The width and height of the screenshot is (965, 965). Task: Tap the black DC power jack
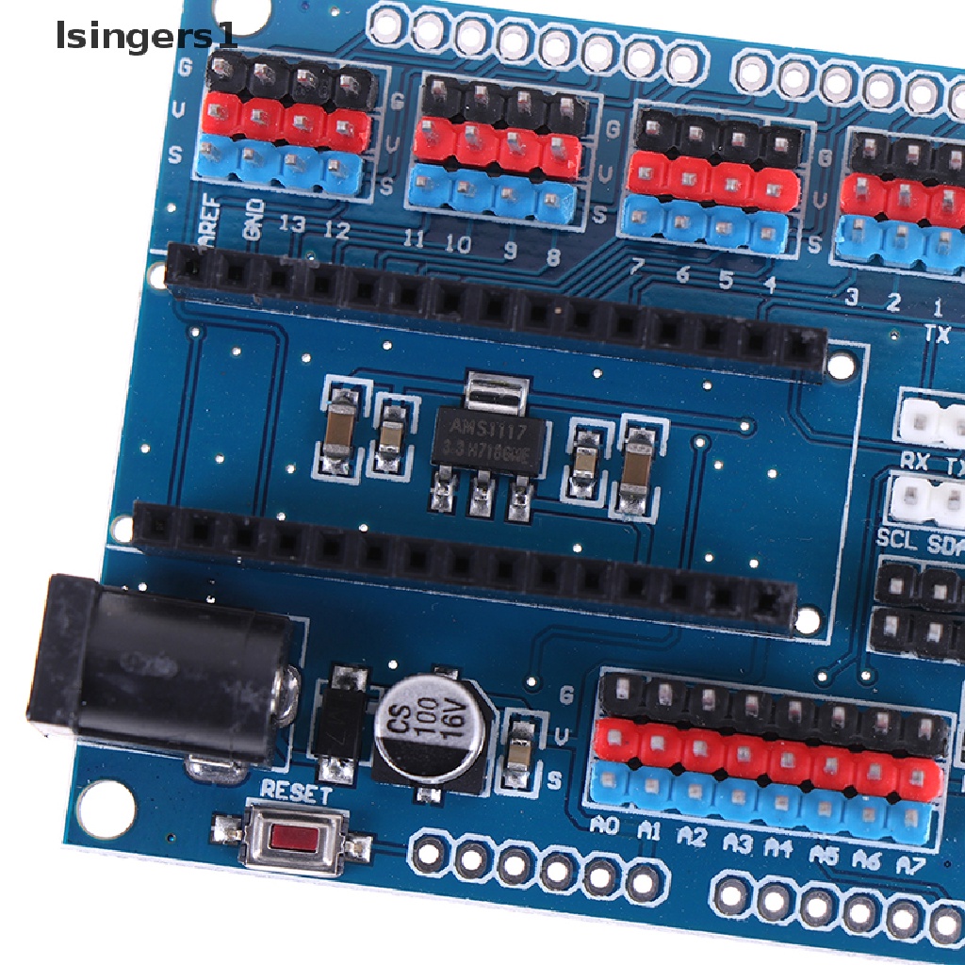[160, 668]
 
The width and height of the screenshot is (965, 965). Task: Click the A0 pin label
[604, 826]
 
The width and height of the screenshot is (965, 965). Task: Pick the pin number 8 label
[552, 255]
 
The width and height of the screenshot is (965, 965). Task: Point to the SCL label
[896, 539]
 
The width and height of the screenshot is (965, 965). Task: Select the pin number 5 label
[725, 280]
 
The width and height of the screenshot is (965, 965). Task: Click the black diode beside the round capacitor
[338, 724]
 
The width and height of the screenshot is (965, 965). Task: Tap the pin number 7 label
[637, 268]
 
